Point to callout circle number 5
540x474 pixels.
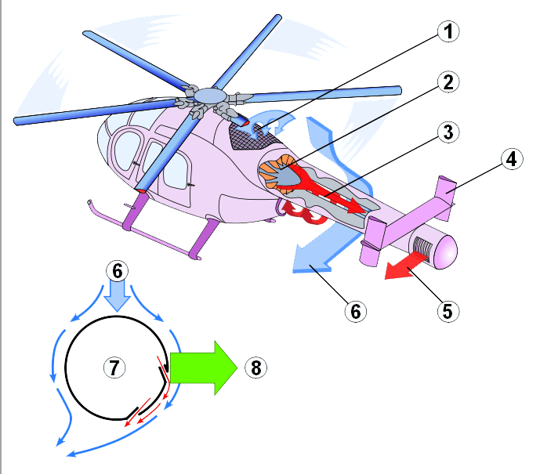pyautogui.click(x=447, y=310)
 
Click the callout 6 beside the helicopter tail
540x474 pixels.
pyautogui.click(x=356, y=310)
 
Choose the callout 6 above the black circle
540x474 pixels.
pyautogui.click(x=117, y=270)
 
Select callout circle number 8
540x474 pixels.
pyautogui.click(x=255, y=367)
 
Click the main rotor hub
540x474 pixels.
pyautogui.click(x=209, y=96)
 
